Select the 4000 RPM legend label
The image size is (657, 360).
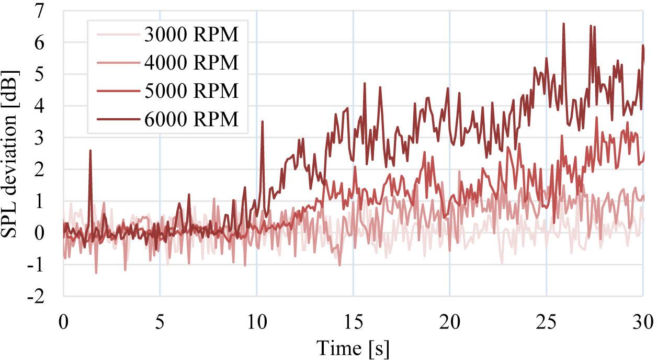pos(190,63)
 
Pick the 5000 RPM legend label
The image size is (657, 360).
pos(190,91)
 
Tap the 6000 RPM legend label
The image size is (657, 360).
pos(190,119)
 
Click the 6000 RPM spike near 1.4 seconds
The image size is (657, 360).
pos(90,151)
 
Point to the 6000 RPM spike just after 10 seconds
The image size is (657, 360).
pos(262,121)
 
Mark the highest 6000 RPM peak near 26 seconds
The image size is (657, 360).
pos(563,24)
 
